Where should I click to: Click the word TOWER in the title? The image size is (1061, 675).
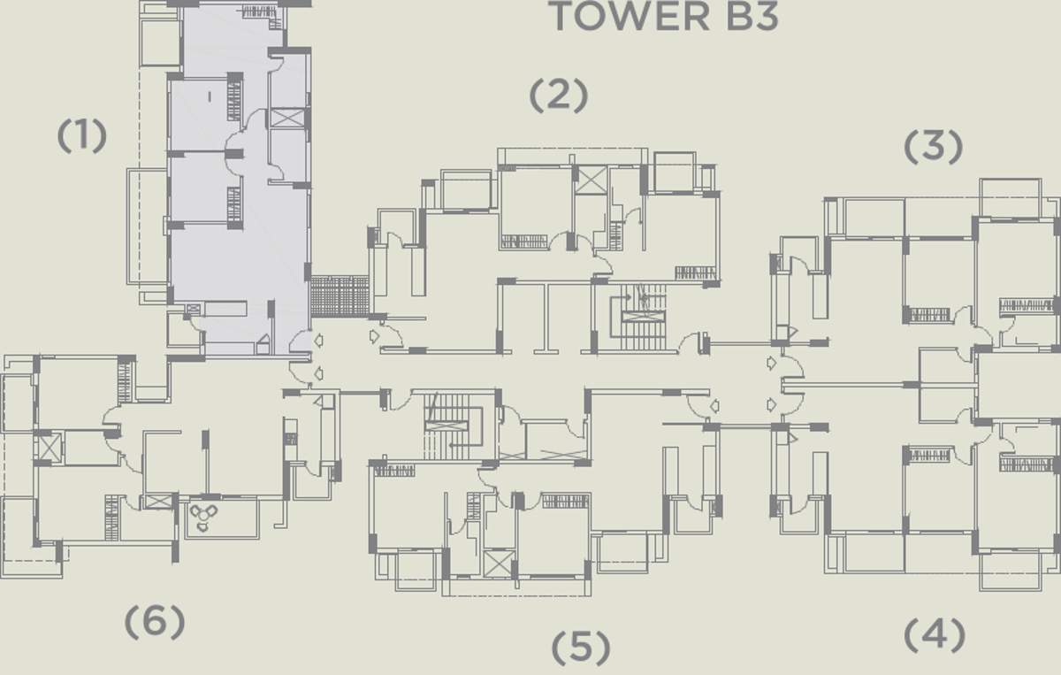tap(631, 17)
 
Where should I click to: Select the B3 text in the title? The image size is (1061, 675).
tap(752, 17)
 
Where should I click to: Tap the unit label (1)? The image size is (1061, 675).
tap(82, 136)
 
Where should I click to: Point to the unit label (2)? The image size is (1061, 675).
tap(559, 96)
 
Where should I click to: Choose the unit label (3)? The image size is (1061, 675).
tap(933, 147)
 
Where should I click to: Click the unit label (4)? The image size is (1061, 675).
tap(934, 635)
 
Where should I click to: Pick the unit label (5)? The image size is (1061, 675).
tap(581, 648)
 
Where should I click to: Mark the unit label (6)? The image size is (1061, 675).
tap(155, 622)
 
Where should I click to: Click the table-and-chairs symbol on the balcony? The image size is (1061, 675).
tap(203, 518)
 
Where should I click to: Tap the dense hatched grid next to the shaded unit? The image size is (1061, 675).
tap(340, 296)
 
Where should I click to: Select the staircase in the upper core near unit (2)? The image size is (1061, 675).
tap(639, 317)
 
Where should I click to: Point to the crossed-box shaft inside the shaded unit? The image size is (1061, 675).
tap(287, 118)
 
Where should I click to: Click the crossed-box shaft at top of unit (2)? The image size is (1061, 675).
tap(592, 180)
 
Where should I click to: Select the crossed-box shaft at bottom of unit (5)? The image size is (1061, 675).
tap(499, 564)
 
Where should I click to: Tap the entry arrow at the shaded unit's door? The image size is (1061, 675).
tap(319, 340)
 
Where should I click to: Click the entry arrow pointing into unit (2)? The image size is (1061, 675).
tap(374, 336)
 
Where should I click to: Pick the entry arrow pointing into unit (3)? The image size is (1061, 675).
tap(772, 363)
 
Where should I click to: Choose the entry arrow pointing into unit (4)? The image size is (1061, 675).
tap(772, 404)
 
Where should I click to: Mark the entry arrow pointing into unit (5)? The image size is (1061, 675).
tap(714, 406)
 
